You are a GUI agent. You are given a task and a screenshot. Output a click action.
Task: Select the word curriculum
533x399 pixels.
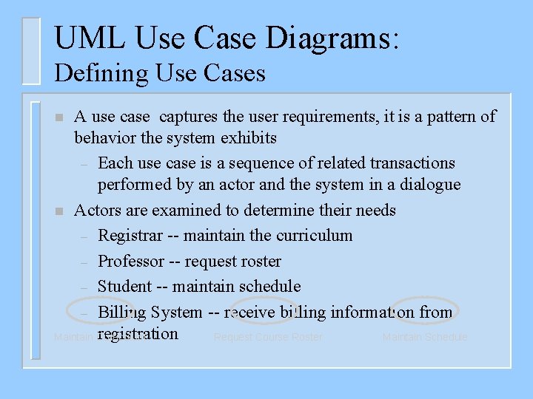[x=314, y=236]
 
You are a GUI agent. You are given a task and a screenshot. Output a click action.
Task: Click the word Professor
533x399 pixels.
[x=131, y=261]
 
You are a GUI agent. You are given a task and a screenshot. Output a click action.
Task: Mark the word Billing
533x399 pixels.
[x=123, y=312]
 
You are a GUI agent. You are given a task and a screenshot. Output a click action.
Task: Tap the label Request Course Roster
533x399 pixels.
[x=268, y=338]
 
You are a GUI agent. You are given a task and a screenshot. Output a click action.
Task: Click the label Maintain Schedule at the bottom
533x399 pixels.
[x=425, y=338]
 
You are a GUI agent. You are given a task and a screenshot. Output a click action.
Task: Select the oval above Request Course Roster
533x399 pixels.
[x=264, y=310]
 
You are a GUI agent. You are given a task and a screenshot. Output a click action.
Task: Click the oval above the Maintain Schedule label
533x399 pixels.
[x=426, y=310]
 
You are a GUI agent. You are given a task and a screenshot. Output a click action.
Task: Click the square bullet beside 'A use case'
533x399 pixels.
[x=59, y=118]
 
